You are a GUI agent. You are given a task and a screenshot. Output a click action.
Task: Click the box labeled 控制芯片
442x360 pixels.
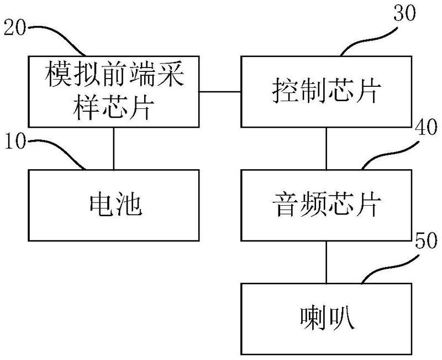tap(328, 92)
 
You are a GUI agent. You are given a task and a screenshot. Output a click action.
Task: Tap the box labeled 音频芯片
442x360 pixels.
tap(328, 204)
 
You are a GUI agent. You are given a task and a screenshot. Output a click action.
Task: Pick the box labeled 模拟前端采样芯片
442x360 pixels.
tap(114, 92)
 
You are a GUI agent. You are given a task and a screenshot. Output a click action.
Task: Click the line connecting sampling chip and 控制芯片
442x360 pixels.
tap(220, 91)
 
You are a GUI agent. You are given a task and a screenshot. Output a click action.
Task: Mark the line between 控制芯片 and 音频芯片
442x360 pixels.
tap(327, 148)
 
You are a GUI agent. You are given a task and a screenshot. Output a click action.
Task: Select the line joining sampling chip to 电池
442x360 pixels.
tap(114, 148)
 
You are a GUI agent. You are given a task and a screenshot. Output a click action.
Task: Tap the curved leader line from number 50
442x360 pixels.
tap(387, 265)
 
